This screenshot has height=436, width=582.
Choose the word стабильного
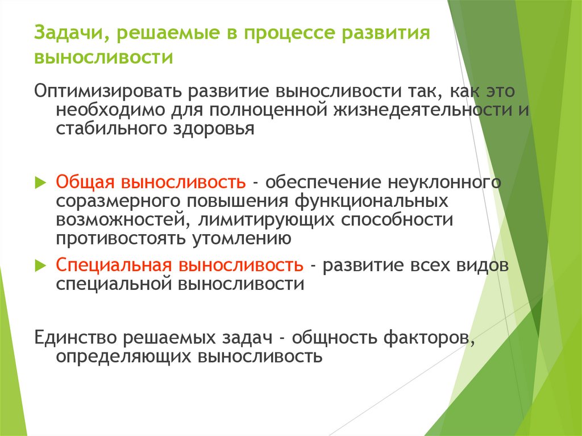point(110,128)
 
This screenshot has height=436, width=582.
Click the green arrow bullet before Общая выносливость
point(40,182)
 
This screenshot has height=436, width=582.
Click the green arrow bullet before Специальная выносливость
point(40,265)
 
